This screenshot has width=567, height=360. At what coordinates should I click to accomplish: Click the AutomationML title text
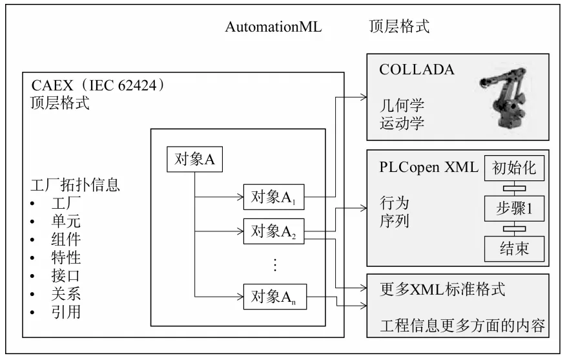[x=273, y=26]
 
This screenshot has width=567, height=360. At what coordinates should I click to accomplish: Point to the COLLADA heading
[x=417, y=69]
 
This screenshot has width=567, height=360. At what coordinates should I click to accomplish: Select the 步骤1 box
[x=514, y=208]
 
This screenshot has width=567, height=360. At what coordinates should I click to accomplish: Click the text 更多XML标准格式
[x=442, y=288]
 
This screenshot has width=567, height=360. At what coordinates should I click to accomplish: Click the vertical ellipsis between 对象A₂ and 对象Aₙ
[x=274, y=265]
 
